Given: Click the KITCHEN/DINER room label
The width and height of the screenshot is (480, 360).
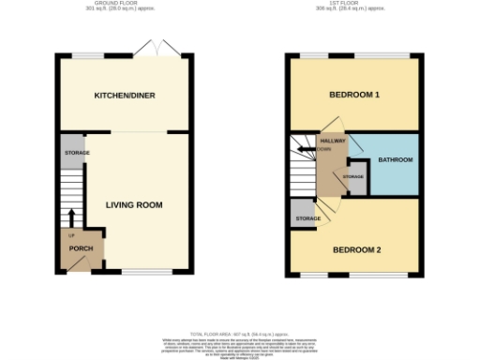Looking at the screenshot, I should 124,96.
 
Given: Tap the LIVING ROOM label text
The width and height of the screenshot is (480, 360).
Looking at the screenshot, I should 134,205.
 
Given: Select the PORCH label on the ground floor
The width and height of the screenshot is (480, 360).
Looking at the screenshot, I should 81,249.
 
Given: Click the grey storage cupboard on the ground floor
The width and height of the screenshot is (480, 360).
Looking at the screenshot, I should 75,152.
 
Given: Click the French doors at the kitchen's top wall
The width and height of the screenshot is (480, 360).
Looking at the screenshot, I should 154,47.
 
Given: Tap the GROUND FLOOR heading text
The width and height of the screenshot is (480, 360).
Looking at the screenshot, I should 120,4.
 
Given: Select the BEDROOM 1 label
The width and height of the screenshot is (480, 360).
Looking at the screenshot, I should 353,96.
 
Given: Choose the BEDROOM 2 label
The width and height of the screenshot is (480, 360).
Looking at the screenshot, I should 355,249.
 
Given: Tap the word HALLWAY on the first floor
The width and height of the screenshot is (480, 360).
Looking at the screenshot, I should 333,141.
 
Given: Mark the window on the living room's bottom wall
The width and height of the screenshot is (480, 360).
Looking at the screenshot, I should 146,273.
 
